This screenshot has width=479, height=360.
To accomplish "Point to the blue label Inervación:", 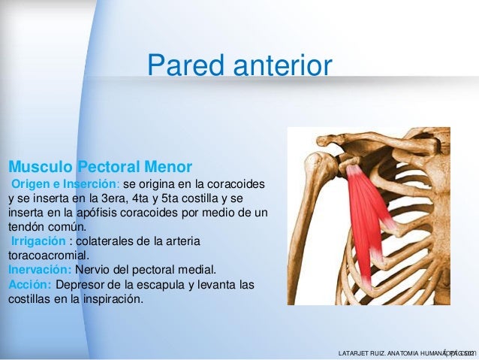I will point(39,270).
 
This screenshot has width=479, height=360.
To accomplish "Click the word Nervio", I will point(94,270).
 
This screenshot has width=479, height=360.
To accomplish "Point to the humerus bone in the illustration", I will point(309,225).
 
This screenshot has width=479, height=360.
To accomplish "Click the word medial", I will point(199,270).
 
